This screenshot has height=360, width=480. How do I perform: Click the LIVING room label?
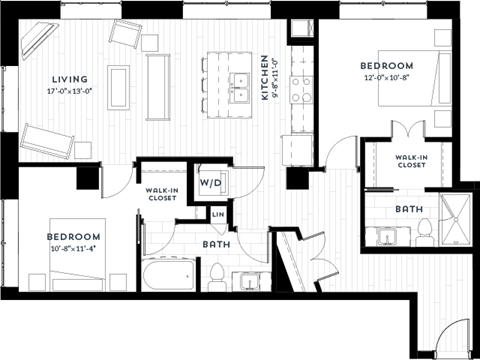point(70,79)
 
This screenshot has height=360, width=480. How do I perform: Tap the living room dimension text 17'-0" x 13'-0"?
point(70,91)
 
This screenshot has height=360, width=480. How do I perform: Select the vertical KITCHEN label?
point(265,77)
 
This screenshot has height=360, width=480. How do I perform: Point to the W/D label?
point(210,184)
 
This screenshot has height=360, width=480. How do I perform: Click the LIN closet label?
point(217,214)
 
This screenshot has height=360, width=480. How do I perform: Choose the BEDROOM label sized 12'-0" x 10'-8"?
point(386,66)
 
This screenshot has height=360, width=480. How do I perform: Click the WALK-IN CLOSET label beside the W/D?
point(162,194)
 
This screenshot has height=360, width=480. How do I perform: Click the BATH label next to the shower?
point(407,209)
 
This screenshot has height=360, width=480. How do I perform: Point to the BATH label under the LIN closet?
point(217,243)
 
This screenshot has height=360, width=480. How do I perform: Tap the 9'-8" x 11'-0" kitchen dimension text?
point(277,77)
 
